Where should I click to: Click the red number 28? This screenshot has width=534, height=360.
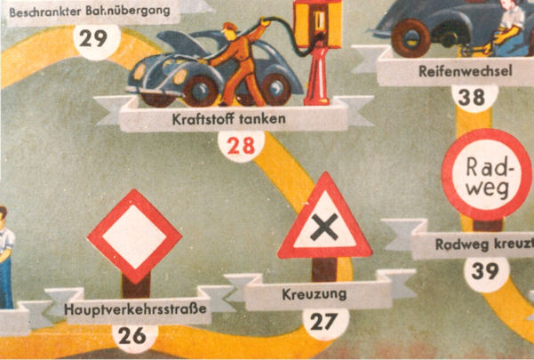[x=241, y=147]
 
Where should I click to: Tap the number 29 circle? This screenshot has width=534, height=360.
[x=97, y=40]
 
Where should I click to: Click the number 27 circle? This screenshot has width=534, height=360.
[x=326, y=323]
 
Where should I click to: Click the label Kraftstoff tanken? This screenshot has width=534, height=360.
[x=229, y=119]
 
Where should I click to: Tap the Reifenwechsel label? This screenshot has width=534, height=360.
[x=466, y=71]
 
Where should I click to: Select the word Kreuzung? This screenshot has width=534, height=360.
[x=314, y=294]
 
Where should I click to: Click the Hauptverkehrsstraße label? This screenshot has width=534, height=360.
[x=135, y=309]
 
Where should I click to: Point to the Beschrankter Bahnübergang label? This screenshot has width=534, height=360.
[x=90, y=12]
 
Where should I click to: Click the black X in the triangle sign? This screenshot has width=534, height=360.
[x=324, y=228]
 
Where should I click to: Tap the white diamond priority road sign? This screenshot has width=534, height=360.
[x=135, y=236]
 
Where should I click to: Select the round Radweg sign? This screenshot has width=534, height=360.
[x=487, y=174]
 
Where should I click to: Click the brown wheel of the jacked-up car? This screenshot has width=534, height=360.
[x=411, y=37]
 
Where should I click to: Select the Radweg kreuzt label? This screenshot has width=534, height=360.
[x=484, y=244]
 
